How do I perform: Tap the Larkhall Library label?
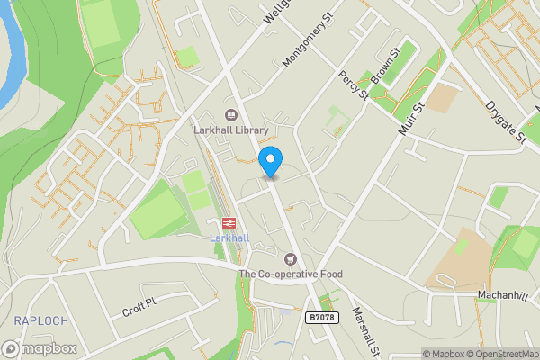(x=231, y=130)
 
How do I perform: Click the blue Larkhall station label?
(x=228, y=238)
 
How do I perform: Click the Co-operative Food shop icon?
(x=290, y=258)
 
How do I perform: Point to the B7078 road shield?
(x=323, y=318)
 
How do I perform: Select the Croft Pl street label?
(x=139, y=306)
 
